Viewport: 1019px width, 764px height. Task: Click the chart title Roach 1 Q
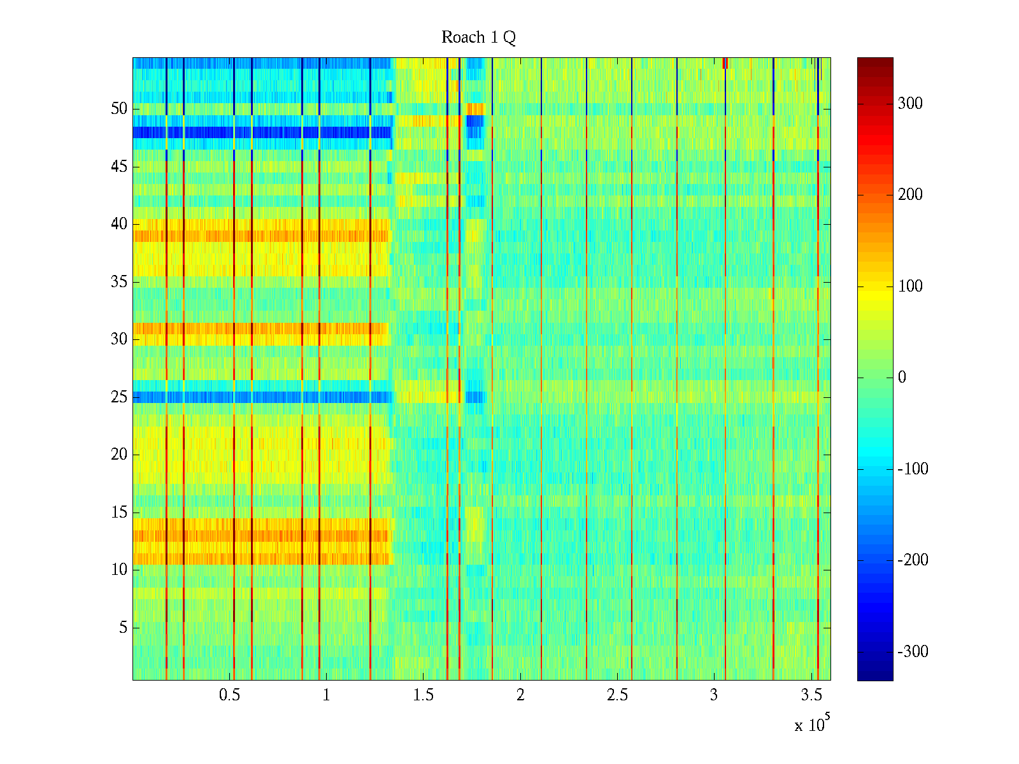(478, 38)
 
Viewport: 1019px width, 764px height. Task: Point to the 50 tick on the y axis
(119, 109)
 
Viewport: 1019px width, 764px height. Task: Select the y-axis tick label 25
(119, 397)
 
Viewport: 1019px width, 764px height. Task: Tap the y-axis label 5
(123, 628)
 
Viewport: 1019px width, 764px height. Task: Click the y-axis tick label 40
(119, 224)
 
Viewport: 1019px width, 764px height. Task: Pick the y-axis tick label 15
(119, 513)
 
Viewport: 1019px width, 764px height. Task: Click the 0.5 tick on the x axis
(229, 695)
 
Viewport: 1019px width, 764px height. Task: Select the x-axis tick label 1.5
(423, 695)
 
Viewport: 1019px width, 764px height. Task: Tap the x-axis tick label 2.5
(617, 695)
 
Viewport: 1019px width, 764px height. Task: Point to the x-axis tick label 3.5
(811, 695)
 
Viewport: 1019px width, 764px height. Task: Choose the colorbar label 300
(910, 104)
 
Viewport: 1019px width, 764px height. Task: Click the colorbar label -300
(913, 652)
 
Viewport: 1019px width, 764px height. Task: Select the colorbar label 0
(902, 378)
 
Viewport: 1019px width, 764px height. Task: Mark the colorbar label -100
(913, 469)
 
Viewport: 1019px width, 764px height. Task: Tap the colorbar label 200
(910, 195)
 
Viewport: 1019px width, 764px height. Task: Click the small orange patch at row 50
(475, 109)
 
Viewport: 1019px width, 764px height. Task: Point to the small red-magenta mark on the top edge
(725, 62)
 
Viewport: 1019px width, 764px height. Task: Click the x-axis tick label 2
(520, 695)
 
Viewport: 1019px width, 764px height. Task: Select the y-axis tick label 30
(119, 339)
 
